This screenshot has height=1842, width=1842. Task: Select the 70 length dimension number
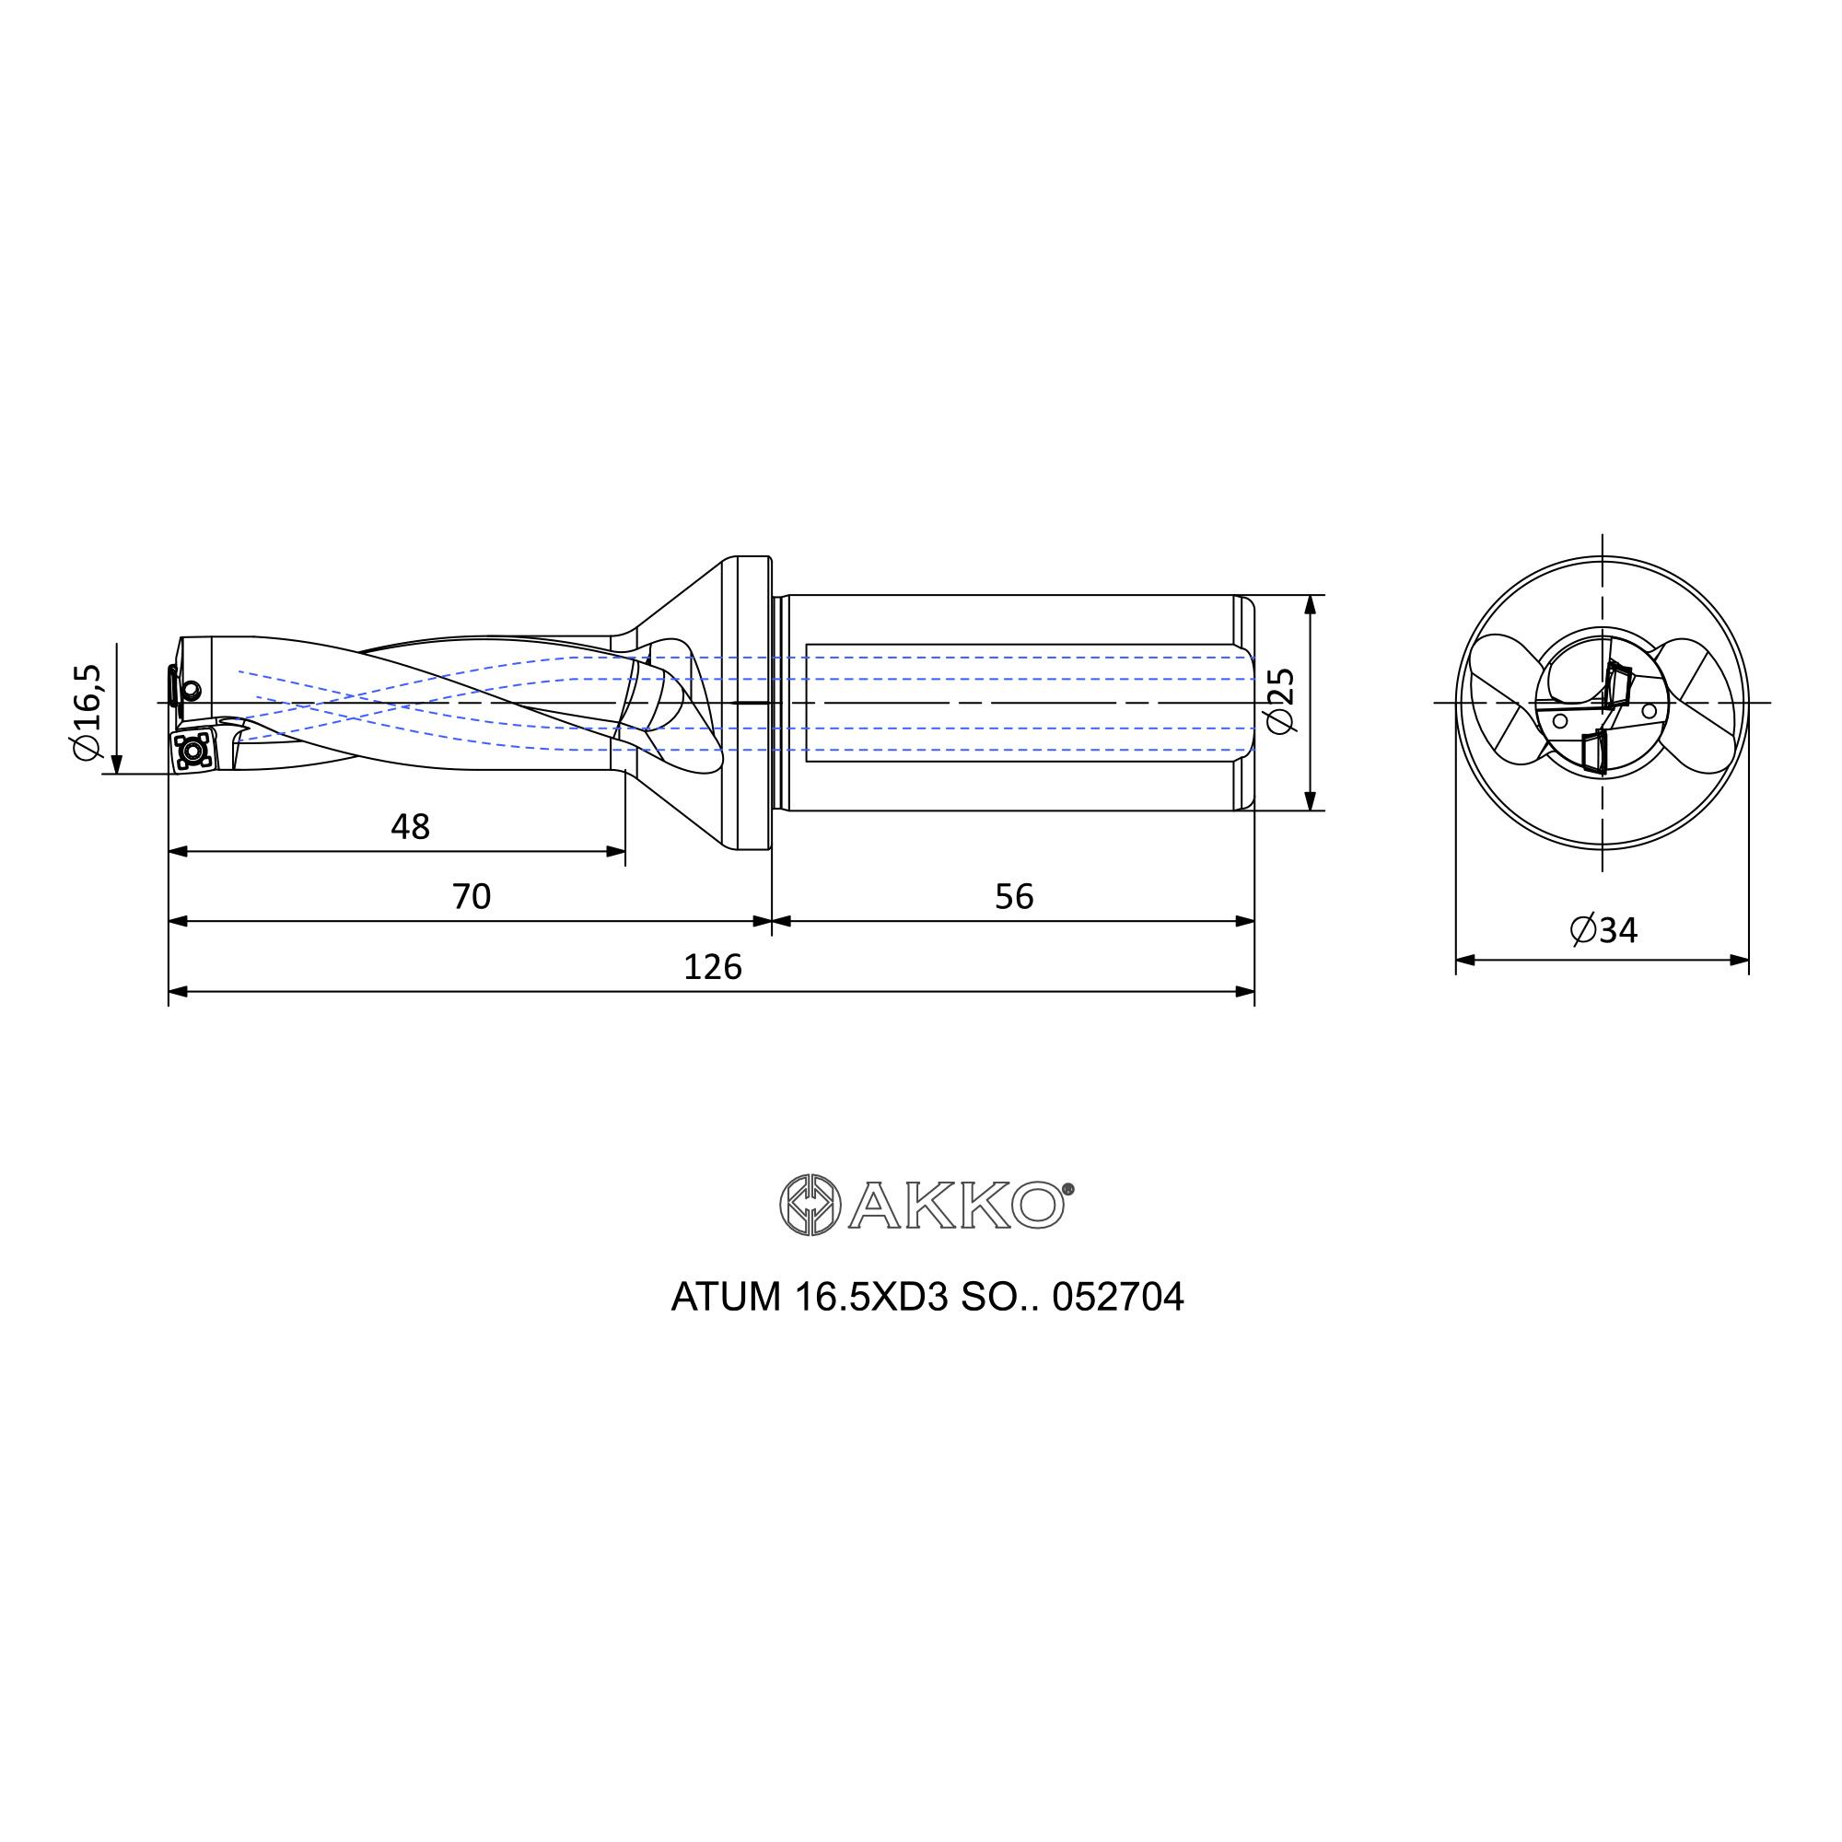[471, 896]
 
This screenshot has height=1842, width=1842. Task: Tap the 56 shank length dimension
[1013, 896]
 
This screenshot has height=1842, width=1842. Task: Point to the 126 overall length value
[712, 967]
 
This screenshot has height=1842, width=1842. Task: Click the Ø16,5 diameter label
[87, 712]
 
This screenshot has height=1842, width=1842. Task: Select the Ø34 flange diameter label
[1603, 929]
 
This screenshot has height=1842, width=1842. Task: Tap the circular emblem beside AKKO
[810, 1205]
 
